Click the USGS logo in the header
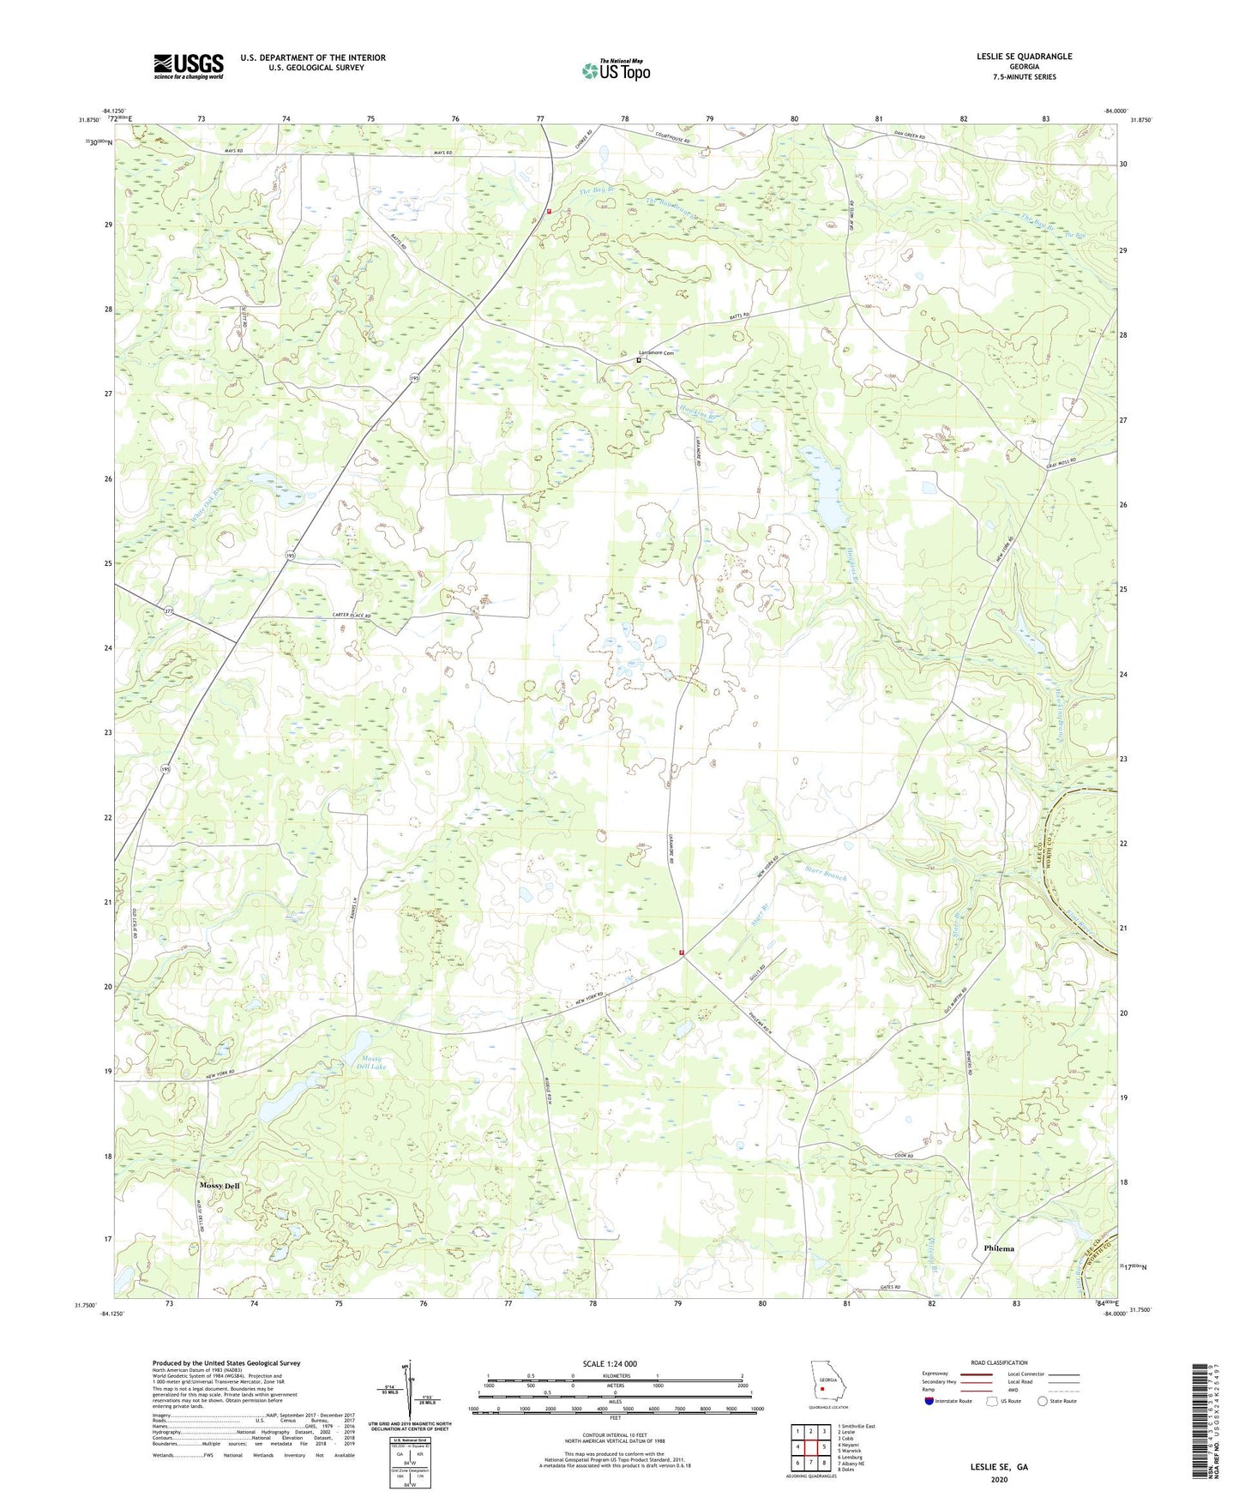coord(188,66)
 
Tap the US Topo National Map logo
coord(616,70)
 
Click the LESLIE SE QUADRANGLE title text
coord(1023,57)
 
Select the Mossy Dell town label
coord(220,1186)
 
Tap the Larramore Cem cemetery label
coord(657,353)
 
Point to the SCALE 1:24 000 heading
coord(610,1363)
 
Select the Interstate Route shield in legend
coord(929,1401)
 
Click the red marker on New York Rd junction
coord(683,952)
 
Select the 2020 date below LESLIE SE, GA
coord(998,1480)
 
